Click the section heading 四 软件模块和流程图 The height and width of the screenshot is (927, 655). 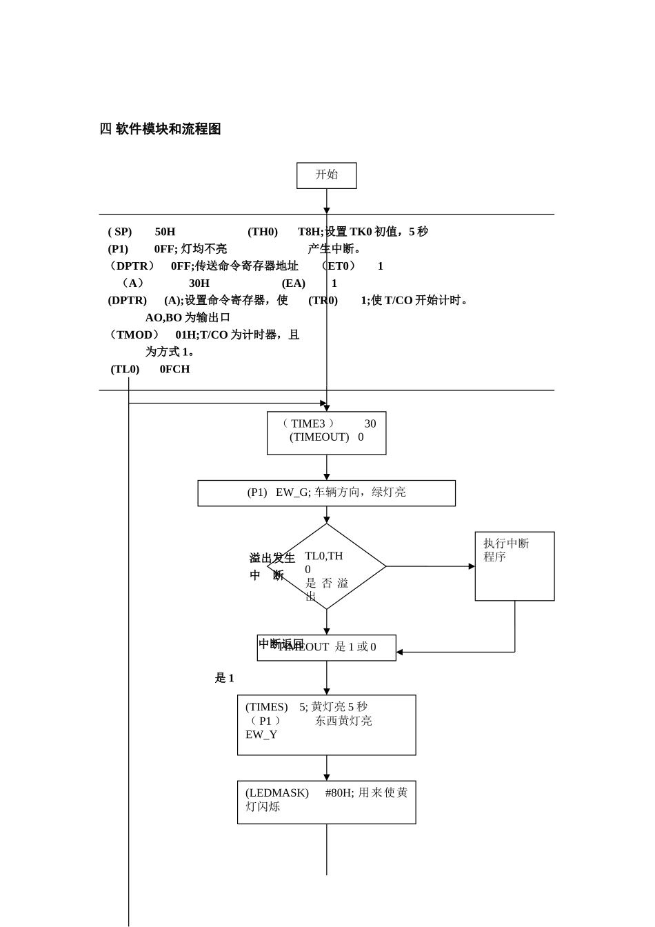click(161, 129)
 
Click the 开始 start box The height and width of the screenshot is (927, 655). click(326, 175)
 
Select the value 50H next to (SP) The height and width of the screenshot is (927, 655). click(165, 232)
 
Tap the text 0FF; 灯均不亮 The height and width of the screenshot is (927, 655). click(190, 249)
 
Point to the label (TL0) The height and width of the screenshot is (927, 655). click(125, 369)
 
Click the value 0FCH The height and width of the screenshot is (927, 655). click(174, 369)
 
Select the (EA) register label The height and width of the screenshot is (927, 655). click(293, 283)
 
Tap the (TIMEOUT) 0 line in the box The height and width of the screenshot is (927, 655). click(326, 437)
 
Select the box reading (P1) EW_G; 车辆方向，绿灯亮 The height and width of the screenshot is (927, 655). click(326, 492)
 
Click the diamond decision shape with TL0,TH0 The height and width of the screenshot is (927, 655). click(326, 567)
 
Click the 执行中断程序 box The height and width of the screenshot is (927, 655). click(514, 566)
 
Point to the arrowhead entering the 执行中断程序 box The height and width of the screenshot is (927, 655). click(472, 566)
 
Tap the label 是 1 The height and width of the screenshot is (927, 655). click(224, 678)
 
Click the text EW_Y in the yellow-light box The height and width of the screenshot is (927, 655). click(261, 735)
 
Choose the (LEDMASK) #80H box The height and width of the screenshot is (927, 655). click(326, 801)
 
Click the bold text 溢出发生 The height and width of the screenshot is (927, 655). click(272, 558)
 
